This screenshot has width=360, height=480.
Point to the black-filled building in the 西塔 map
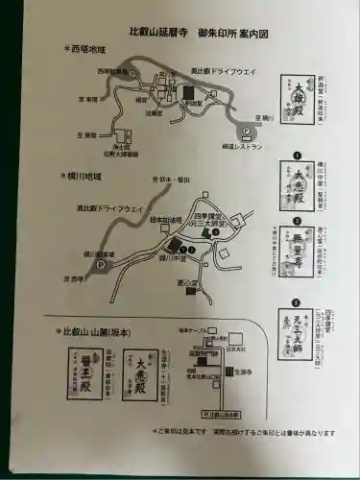(188, 93)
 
